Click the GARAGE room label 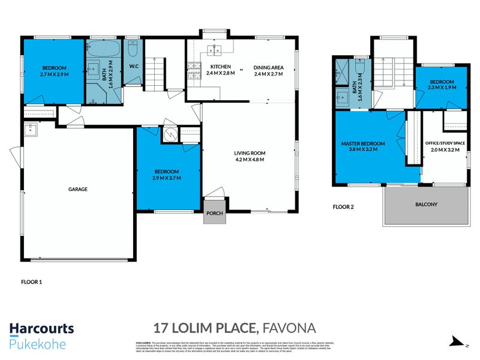click(78, 189)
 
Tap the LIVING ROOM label click(250, 153)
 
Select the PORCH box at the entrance click(214, 214)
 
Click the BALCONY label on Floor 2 click(426, 205)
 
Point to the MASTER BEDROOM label click(363, 144)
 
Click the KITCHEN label click(216, 67)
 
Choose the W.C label click(134, 67)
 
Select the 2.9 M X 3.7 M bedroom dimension click(167, 178)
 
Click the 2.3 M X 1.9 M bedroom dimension click(441, 88)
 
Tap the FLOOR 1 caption click(32, 281)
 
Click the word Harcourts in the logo click(41, 328)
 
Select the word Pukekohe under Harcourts click(38, 344)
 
